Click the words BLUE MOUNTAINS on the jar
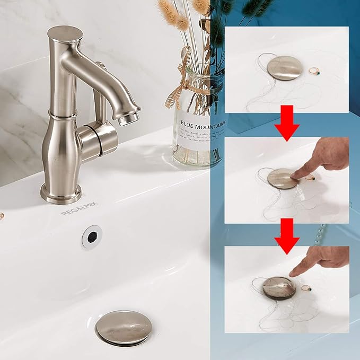click(x=204, y=125)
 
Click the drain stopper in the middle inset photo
click(x=282, y=178)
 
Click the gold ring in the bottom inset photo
click(x=306, y=289)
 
